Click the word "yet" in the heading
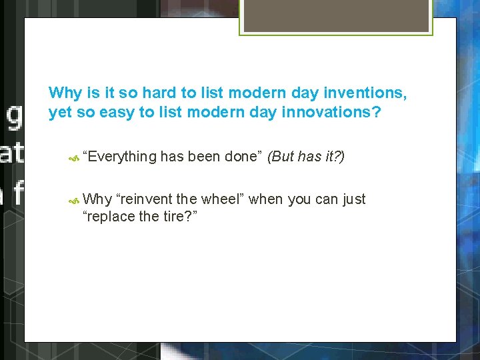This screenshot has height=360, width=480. (60, 112)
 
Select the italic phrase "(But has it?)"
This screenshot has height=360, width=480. (305, 157)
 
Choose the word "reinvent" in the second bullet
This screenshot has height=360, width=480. (144, 199)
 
